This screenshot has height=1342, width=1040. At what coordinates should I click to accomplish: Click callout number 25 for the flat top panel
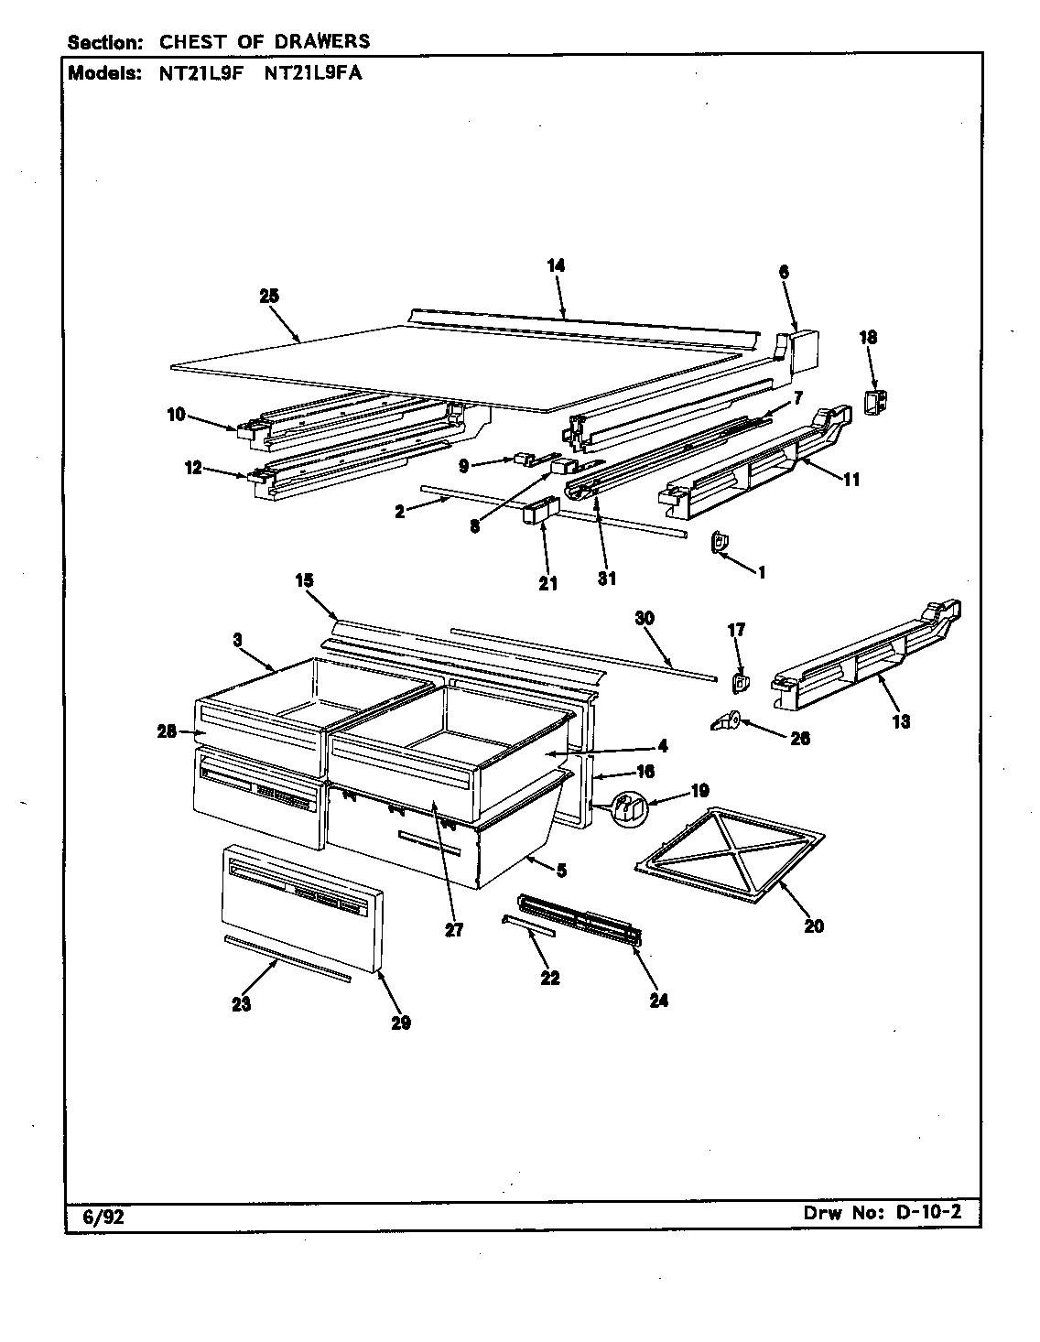(268, 296)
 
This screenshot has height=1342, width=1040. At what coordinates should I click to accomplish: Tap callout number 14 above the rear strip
(556, 265)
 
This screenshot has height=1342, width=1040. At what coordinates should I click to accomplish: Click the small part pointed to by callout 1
(720, 544)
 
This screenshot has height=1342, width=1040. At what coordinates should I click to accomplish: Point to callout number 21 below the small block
(547, 584)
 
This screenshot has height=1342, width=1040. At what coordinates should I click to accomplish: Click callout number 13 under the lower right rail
(901, 722)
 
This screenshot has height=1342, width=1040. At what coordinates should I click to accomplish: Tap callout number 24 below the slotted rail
(658, 1001)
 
